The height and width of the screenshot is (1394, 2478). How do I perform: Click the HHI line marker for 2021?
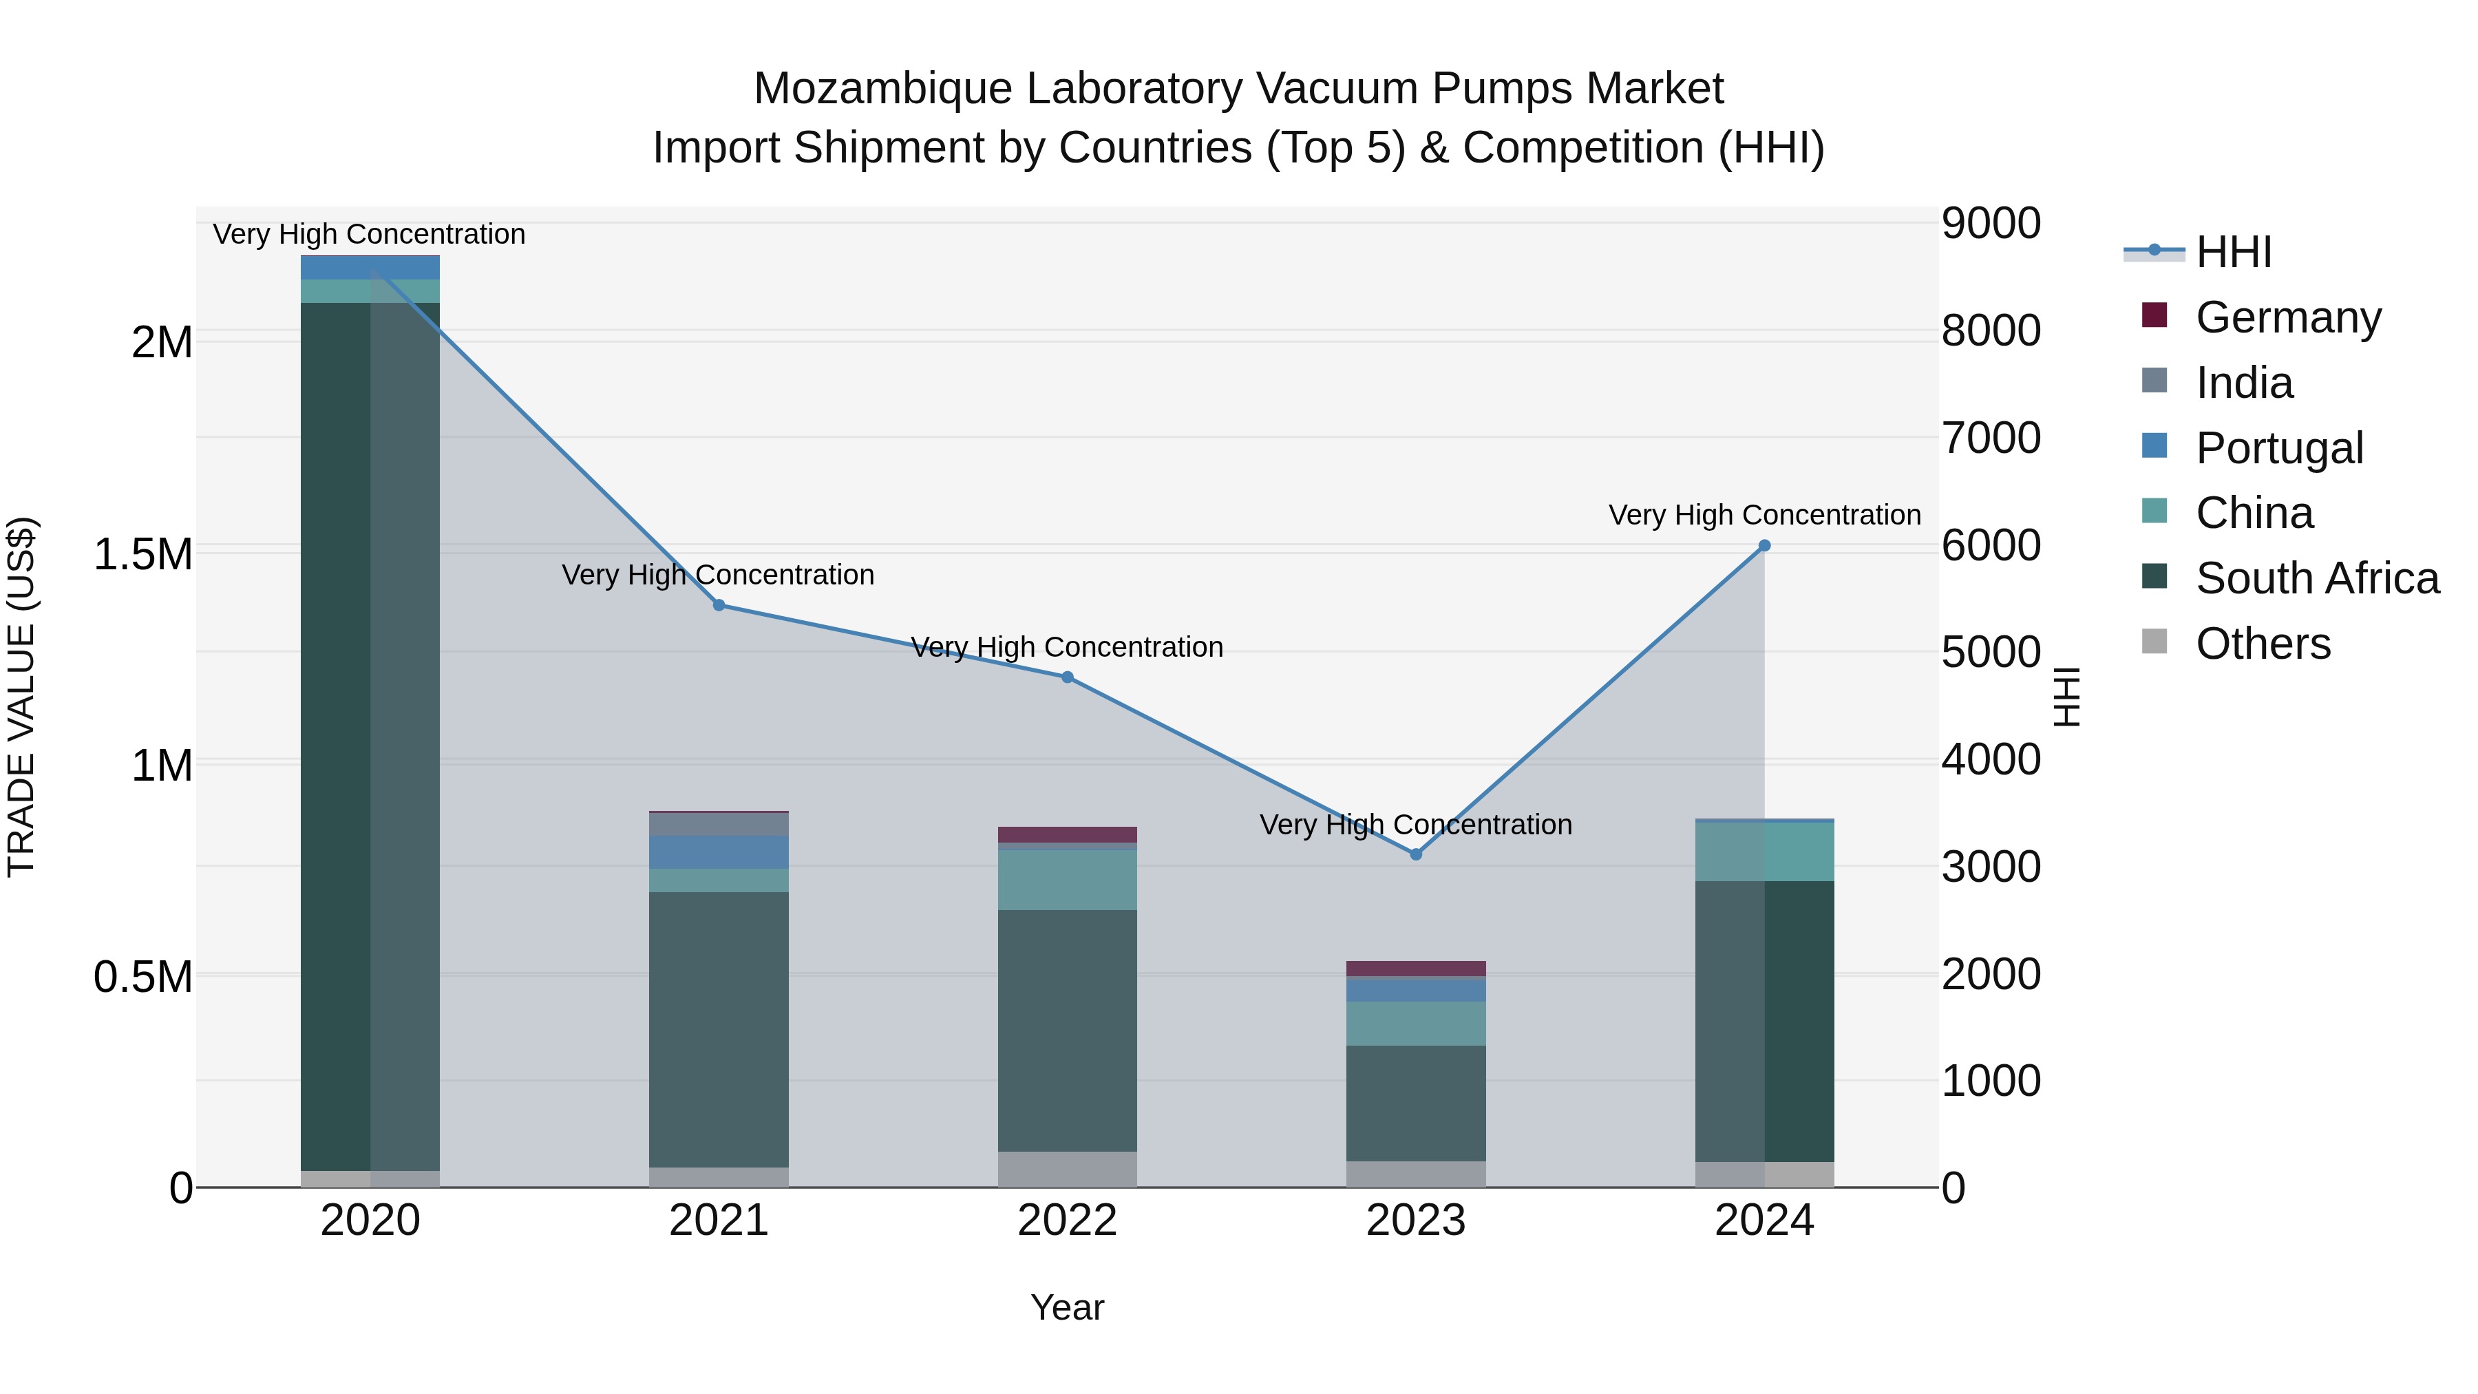[719, 605]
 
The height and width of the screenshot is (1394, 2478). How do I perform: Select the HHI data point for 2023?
[1415, 854]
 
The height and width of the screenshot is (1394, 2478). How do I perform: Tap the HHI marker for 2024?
[1764, 545]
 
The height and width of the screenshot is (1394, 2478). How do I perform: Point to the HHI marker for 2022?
[1067, 677]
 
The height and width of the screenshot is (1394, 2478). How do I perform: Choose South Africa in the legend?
[2316, 578]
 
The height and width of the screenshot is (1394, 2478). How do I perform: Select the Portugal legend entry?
[2279, 448]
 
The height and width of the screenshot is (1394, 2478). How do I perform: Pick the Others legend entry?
[2263, 644]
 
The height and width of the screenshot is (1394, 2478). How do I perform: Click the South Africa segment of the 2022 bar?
[1067, 1029]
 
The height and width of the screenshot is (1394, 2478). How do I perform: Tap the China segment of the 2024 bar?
[1764, 852]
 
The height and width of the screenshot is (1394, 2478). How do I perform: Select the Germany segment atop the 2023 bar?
[1415, 968]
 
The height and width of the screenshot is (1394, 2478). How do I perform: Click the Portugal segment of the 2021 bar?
[719, 852]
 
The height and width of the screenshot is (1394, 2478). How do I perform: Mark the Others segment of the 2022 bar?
[1067, 1169]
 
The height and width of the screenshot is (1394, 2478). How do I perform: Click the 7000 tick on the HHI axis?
[1989, 438]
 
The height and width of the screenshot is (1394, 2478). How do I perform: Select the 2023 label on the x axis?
[1415, 1221]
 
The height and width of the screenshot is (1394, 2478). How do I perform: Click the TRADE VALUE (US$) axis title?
[21, 697]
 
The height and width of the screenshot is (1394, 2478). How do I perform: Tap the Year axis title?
[1067, 1307]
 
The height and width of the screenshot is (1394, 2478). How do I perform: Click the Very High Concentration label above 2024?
[1764, 515]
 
